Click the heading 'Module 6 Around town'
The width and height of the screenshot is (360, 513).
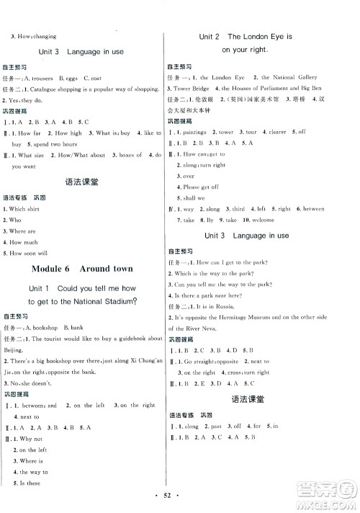coord(83,268)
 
